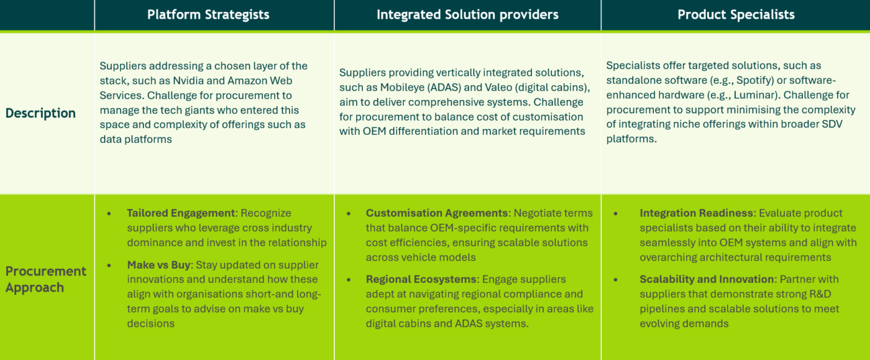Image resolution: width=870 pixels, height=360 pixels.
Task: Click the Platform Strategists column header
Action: click(208, 15)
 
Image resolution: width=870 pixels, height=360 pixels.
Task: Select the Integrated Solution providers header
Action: click(467, 15)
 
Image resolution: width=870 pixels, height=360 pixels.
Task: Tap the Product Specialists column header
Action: click(736, 15)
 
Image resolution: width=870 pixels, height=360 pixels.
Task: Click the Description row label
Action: click(40, 113)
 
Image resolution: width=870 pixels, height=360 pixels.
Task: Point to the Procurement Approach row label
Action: click(46, 279)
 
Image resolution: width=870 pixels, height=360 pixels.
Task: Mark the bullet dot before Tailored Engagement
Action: click(109, 213)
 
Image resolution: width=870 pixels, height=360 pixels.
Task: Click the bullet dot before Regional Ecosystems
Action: click(349, 279)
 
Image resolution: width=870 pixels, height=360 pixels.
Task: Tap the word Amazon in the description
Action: click(249, 81)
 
